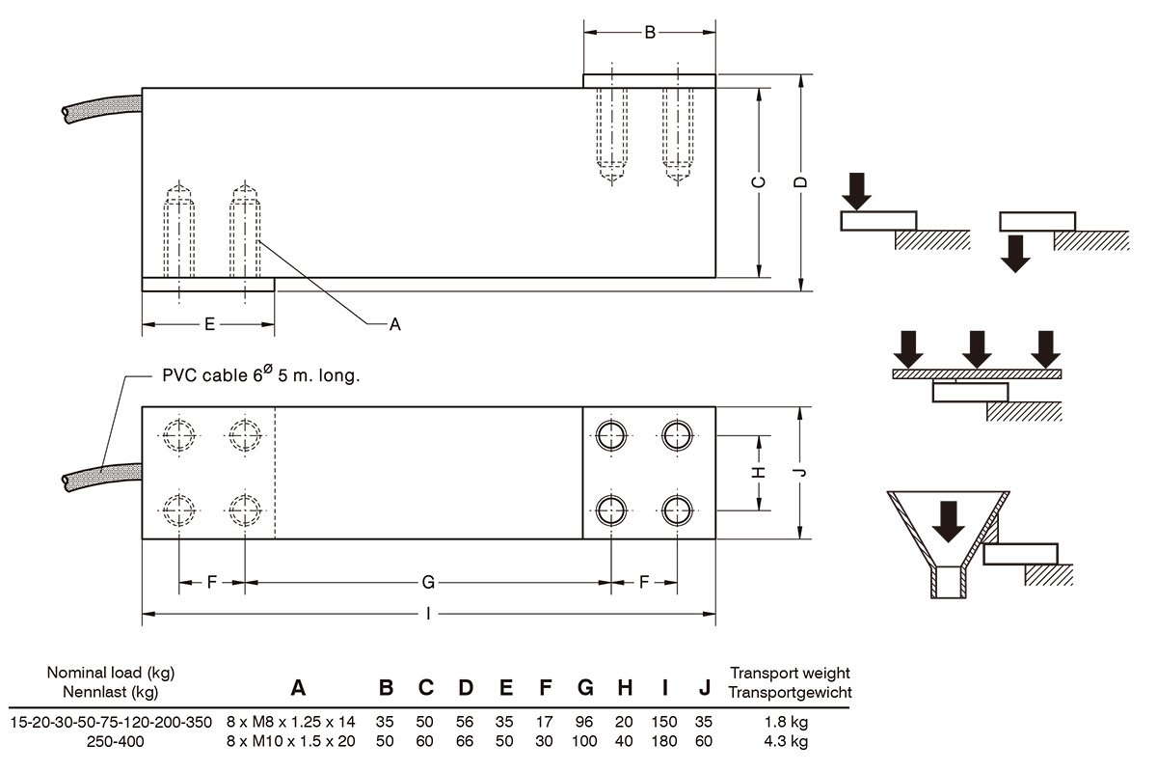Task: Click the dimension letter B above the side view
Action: tap(650, 33)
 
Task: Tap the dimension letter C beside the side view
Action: tap(759, 182)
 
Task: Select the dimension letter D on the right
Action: tap(799, 182)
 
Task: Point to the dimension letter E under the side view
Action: tap(209, 324)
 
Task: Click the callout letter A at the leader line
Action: tap(393, 325)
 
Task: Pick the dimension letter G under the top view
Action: tap(428, 582)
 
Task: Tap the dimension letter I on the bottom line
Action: tap(428, 614)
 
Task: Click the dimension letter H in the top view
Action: tap(759, 472)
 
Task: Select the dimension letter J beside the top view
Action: tap(799, 472)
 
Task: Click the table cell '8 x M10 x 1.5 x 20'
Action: tap(291, 741)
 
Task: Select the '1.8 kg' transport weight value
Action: tap(788, 722)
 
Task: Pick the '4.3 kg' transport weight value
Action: tap(788, 741)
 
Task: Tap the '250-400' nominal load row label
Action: tap(111, 741)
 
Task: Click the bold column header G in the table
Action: tap(585, 688)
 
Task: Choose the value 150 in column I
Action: tap(665, 722)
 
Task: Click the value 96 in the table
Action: tap(585, 722)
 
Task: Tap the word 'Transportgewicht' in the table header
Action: tap(791, 692)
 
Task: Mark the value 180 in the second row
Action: tap(665, 741)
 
